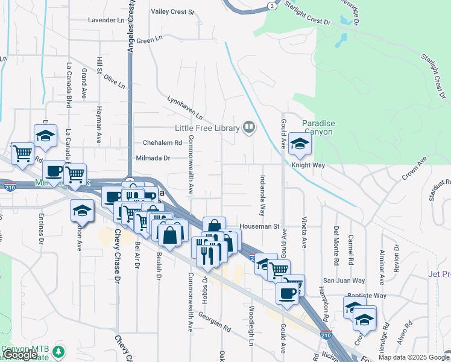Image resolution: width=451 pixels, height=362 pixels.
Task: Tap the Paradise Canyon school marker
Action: [298, 144]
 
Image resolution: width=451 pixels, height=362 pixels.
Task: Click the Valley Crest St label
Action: [172, 11]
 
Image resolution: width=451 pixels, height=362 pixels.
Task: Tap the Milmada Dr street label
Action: [154, 157]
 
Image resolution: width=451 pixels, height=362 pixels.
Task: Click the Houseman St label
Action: [260, 227]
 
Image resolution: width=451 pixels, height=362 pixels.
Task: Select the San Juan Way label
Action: [344, 281]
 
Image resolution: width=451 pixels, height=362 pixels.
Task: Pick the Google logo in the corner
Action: [20, 355]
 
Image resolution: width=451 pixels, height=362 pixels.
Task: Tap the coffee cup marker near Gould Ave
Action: [287, 294]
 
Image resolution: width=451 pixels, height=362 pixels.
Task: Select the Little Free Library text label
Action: [207, 127]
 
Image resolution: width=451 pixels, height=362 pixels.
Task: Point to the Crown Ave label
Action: [414, 169]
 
